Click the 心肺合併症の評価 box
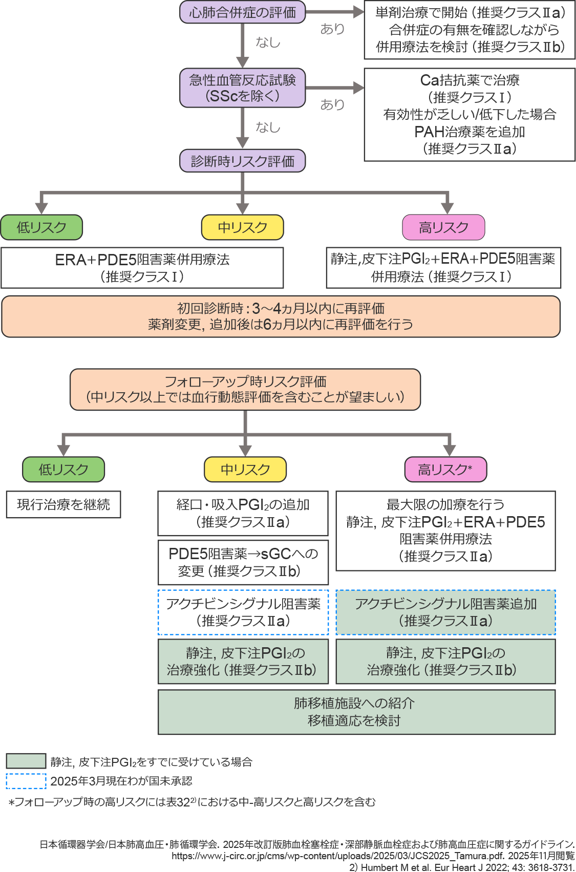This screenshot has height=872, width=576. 242,12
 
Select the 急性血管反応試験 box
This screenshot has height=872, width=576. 242,88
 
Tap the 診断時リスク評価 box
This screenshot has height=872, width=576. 242,161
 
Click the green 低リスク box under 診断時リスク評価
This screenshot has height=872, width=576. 41,227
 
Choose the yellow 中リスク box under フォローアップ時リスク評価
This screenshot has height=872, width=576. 245,470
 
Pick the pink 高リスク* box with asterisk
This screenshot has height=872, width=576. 445,470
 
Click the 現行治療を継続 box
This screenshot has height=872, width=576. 63,505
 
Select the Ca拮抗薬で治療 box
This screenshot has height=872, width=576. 470,115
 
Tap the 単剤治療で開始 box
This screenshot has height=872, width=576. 470,30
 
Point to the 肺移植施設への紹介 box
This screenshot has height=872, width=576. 356,712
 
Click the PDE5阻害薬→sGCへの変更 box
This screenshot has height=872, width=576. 243,562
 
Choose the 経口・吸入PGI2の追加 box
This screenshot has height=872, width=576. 243,513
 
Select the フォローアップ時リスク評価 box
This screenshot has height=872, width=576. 245,390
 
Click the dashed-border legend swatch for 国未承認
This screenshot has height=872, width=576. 26,781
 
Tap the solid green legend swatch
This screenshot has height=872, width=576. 26,761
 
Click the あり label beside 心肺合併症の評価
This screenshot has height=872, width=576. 332,29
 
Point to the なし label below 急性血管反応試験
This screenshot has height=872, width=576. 268,127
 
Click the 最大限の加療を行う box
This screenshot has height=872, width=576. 445,530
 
